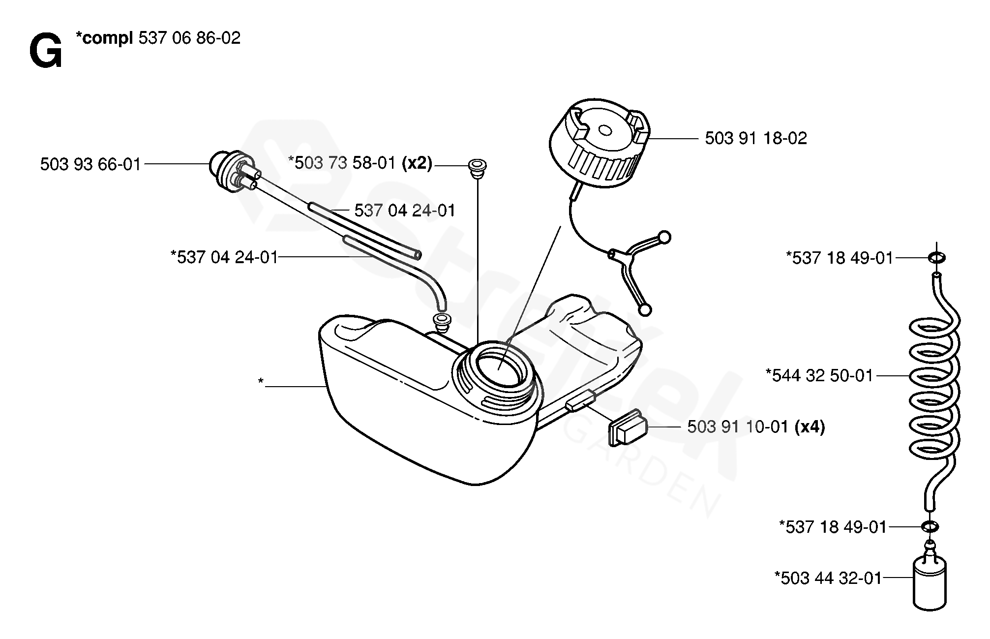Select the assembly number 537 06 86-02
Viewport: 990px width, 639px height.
click(x=189, y=38)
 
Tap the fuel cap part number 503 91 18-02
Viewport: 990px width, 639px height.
click(x=756, y=138)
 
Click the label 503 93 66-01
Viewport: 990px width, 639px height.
click(x=90, y=164)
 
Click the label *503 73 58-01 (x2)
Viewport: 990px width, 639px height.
click(x=360, y=163)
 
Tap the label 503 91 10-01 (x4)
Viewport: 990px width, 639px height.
click(x=756, y=426)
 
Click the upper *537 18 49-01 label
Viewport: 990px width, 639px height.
click(x=840, y=257)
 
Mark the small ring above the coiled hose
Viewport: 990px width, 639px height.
click(x=936, y=257)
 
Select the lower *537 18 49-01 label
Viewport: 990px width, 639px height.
click(x=833, y=527)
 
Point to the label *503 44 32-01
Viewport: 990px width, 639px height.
click(x=828, y=578)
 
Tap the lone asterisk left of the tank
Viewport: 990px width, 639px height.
click(x=261, y=382)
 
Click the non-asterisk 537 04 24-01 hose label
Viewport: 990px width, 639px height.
click(x=405, y=211)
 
